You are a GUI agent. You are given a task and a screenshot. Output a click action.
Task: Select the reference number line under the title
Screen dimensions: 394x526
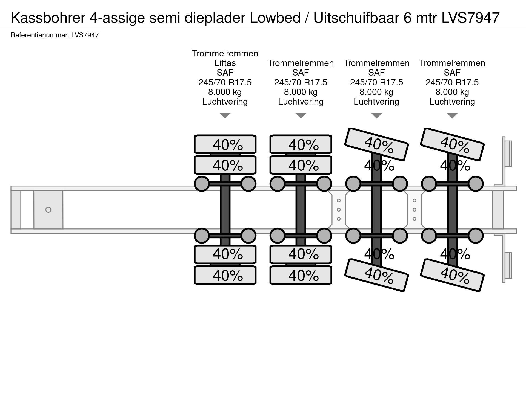point(55,35)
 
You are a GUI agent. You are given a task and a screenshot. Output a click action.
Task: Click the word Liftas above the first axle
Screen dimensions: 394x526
point(225,63)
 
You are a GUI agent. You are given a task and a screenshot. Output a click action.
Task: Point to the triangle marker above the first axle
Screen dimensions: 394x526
point(225,115)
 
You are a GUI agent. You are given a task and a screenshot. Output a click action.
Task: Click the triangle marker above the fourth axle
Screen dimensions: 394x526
point(452,115)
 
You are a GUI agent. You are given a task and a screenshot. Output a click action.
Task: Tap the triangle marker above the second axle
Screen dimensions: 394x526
point(301,115)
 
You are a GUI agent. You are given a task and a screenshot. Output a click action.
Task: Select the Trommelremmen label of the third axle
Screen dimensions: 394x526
point(376,63)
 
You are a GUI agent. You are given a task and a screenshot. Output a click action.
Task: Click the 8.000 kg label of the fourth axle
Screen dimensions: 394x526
point(452,92)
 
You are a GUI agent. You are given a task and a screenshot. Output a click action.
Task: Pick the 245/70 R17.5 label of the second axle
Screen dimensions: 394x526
point(301,82)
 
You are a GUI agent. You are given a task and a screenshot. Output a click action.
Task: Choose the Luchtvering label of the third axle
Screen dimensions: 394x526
point(376,102)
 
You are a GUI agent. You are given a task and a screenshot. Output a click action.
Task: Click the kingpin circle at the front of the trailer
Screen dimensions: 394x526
point(48,210)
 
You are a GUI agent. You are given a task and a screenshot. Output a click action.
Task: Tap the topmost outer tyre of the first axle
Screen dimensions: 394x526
point(225,144)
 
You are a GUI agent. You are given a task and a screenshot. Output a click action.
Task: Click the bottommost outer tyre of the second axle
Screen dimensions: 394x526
point(301,275)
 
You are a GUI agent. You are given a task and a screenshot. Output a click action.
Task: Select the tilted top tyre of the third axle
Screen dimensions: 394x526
point(376,144)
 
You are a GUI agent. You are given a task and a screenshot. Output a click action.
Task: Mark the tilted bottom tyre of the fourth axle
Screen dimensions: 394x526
point(452,275)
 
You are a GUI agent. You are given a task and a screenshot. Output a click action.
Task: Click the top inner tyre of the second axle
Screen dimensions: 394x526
point(301,165)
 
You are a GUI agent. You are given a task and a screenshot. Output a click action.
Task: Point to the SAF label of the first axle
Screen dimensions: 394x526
point(225,73)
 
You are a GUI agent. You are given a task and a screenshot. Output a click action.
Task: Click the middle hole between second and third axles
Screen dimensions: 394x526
point(339,210)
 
